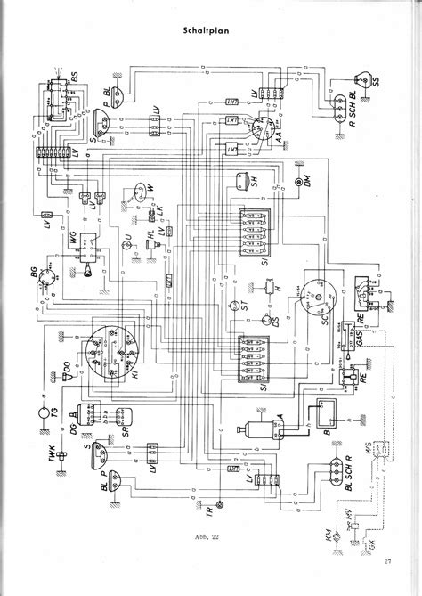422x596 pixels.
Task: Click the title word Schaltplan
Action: [x=211, y=30]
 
